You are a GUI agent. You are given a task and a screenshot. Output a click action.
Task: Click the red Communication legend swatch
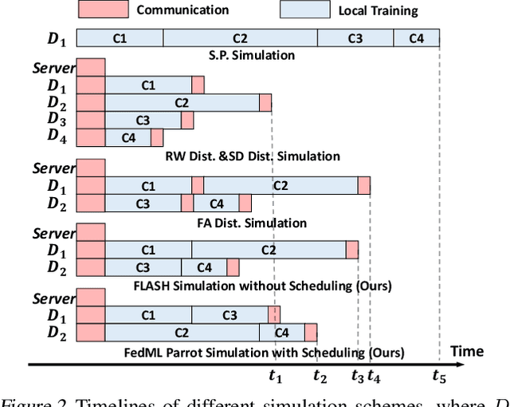[x=103, y=10]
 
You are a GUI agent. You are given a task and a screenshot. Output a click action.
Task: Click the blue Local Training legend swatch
[x=304, y=10]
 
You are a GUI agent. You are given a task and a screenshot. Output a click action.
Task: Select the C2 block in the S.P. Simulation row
[x=240, y=38]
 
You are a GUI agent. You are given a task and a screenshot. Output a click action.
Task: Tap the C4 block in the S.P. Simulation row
[x=416, y=38]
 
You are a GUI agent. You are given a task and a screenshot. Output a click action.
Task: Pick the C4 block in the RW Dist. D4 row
[x=128, y=138]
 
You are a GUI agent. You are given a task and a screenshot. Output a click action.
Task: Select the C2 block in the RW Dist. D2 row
[x=182, y=103]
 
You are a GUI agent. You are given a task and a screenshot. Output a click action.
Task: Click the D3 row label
[x=57, y=120]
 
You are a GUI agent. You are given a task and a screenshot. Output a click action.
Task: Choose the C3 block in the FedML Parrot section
[x=229, y=315]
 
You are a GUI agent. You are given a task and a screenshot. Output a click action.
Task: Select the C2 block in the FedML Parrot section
[x=182, y=333]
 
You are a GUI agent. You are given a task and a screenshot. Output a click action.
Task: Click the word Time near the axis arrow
[x=466, y=351]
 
